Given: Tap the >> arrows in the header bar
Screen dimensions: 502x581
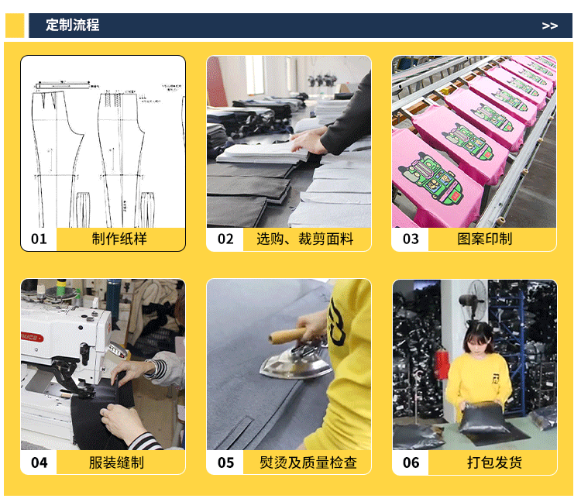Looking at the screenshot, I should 549,26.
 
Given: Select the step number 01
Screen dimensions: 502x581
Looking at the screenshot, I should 39,239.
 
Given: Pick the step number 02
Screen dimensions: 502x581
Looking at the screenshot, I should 225,239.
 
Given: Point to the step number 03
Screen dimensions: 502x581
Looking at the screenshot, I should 411,239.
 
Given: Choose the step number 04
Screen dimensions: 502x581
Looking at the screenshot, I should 39,462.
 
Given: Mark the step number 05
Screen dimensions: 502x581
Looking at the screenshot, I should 225,462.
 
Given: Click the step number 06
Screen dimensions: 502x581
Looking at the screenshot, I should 411,462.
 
